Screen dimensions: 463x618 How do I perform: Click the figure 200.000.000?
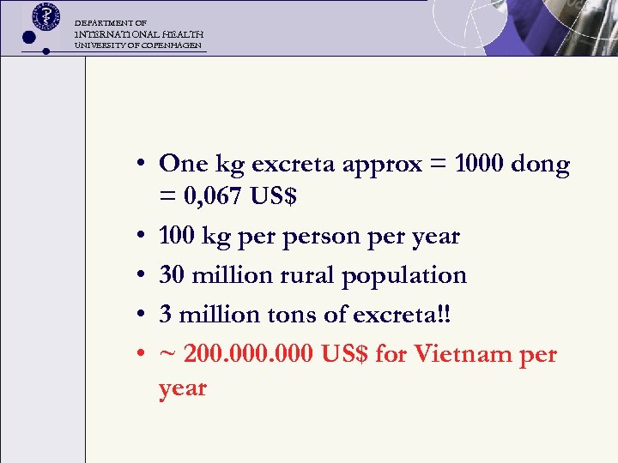tap(253, 353)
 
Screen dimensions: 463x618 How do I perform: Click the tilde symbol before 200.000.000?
tap(165, 355)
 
